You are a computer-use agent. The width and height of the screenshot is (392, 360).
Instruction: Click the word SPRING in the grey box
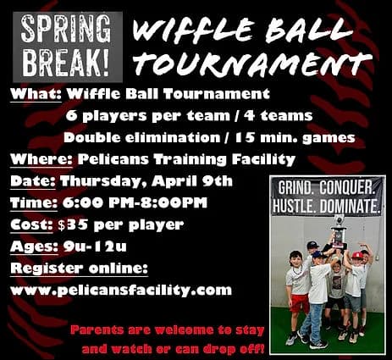65,28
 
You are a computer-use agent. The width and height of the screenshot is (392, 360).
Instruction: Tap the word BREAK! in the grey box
65,63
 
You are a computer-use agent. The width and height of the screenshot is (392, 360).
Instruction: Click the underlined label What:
36,94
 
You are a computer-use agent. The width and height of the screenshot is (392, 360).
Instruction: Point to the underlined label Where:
41,159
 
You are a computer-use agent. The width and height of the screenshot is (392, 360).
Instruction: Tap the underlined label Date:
33,181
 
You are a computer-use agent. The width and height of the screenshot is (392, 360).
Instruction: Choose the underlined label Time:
34,203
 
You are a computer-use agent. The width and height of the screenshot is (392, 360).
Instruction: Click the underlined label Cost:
31,225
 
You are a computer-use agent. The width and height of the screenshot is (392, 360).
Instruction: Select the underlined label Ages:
34,247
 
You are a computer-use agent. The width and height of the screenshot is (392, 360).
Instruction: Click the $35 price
73,225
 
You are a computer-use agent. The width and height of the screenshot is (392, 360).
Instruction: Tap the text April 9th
192,181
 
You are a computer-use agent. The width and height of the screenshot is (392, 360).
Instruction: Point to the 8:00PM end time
174,203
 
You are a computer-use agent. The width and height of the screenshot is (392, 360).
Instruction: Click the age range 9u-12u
95,247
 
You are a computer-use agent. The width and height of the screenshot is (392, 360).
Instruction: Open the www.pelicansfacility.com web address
121,291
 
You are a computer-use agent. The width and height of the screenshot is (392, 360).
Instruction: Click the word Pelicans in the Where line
113,159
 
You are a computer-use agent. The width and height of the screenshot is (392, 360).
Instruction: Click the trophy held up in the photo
339,233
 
